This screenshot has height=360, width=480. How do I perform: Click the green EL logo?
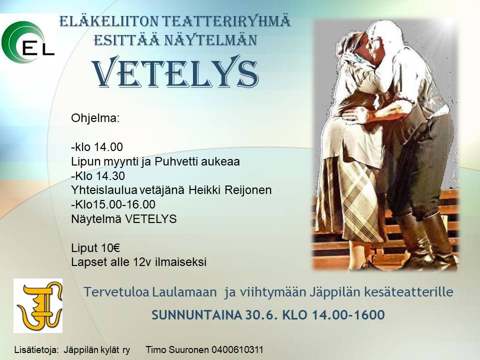[27, 42]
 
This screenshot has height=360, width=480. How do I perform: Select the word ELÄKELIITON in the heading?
[108, 21]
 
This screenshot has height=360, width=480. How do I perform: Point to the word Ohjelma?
[95, 118]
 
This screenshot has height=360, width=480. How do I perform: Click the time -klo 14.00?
[97, 147]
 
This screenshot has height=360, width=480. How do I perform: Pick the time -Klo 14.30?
[98, 175]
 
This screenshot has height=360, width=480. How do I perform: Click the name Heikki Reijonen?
[230, 190]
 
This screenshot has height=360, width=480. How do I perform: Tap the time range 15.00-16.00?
[126, 204]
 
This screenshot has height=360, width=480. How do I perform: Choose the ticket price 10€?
[106, 247]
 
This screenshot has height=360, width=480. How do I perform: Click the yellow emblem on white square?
[38, 306]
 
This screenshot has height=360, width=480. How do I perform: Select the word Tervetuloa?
[117, 291]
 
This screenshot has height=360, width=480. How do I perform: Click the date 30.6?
[261, 315]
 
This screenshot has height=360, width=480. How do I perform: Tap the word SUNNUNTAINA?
[197, 315]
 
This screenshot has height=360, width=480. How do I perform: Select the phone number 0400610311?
[237, 349]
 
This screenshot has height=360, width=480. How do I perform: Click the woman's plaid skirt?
[352, 199]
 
